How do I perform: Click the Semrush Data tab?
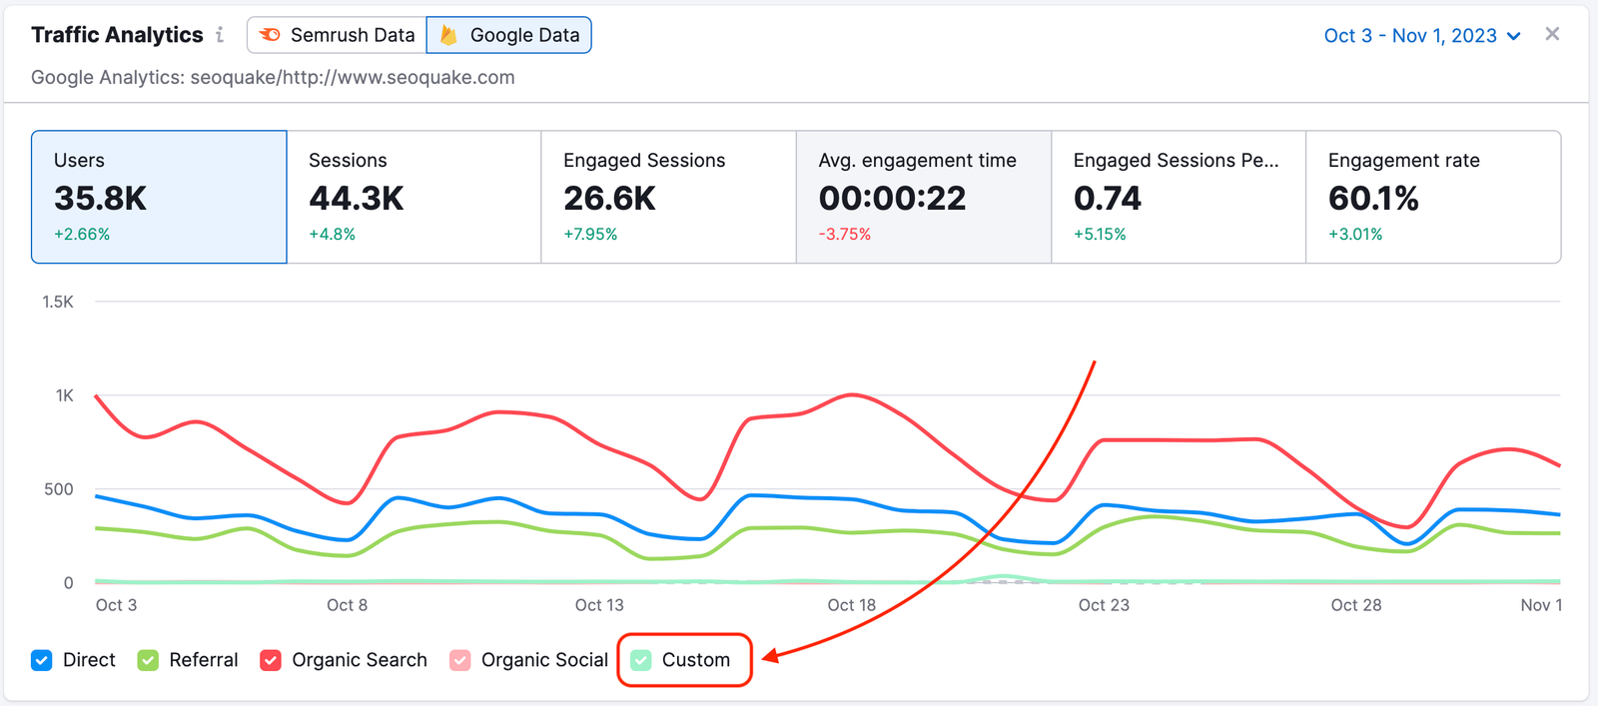point(338,35)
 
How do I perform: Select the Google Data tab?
point(509,35)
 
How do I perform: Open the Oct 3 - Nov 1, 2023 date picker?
point(1421,36)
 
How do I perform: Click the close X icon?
point(1552,34)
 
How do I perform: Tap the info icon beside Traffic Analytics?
point(220,35)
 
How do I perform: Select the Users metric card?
point(159,197)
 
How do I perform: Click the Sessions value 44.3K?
point(357,199)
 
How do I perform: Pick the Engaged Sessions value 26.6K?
point(609,199)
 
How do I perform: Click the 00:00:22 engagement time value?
point(892,199)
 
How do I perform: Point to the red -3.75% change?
point(845,235)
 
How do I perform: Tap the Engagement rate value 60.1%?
point(1373,199)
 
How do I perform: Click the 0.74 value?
point(1107,199)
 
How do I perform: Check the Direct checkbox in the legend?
point(42,660)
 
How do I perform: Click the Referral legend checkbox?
point(149,660)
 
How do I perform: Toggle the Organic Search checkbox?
point(271,660)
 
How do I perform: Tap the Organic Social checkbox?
point(460,660)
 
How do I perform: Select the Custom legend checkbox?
point(641,660)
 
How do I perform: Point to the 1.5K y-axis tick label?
point(58,302)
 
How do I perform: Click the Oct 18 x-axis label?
point(851,605)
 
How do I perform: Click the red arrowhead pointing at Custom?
point(769,656)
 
